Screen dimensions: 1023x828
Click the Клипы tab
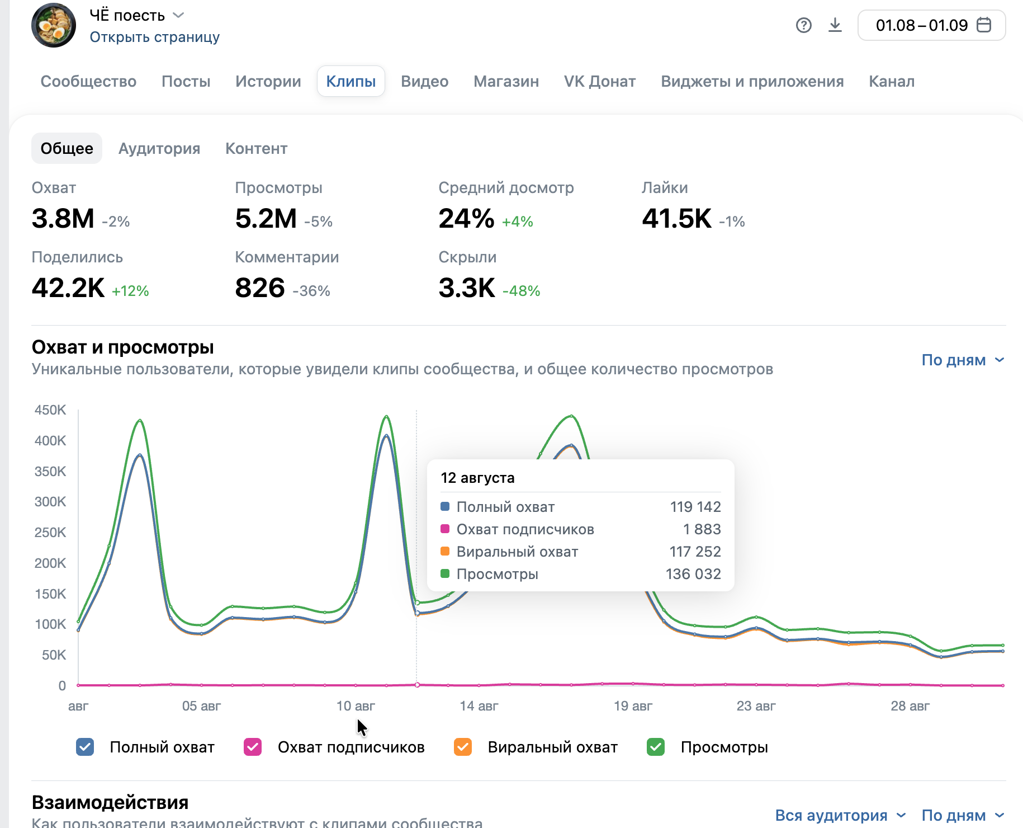351,81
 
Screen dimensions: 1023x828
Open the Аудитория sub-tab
159,148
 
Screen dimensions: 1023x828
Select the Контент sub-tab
256,148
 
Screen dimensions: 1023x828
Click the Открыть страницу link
155,37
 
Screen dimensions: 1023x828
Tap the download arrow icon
835,25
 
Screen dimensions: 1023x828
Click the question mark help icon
803,25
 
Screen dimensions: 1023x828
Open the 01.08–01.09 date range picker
931,25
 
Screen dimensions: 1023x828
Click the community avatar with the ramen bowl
54,25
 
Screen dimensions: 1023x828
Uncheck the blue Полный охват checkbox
85,747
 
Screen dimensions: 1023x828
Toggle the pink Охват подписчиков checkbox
253,747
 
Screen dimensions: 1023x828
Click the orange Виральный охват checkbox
463,747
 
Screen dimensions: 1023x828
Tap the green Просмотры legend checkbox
656,747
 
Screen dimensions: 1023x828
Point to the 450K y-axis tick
50,410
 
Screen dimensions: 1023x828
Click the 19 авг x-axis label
633,706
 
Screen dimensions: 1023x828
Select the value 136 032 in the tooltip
693,574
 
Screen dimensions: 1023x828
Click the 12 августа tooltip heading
477,478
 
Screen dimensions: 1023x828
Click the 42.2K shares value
68,288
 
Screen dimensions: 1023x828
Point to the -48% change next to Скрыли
522,291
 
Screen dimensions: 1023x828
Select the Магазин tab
506,81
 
